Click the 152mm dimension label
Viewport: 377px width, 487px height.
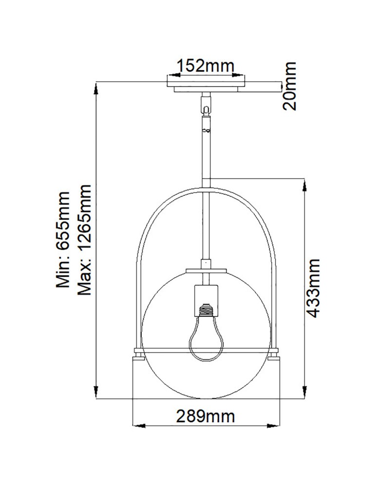[205, 65]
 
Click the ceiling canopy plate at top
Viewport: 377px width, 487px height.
[207, 86]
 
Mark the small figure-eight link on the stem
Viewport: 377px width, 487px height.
[207, 130]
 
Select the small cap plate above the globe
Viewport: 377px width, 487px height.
[207, 268]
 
